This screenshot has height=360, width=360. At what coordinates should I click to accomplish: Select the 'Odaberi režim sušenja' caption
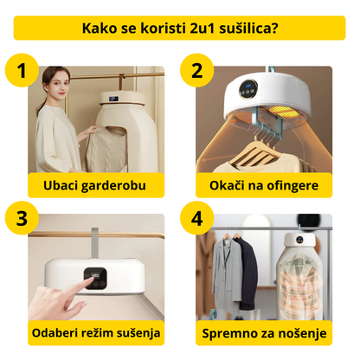point(94,332)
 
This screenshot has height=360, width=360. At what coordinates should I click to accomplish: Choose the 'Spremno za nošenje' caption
point(265,332)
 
